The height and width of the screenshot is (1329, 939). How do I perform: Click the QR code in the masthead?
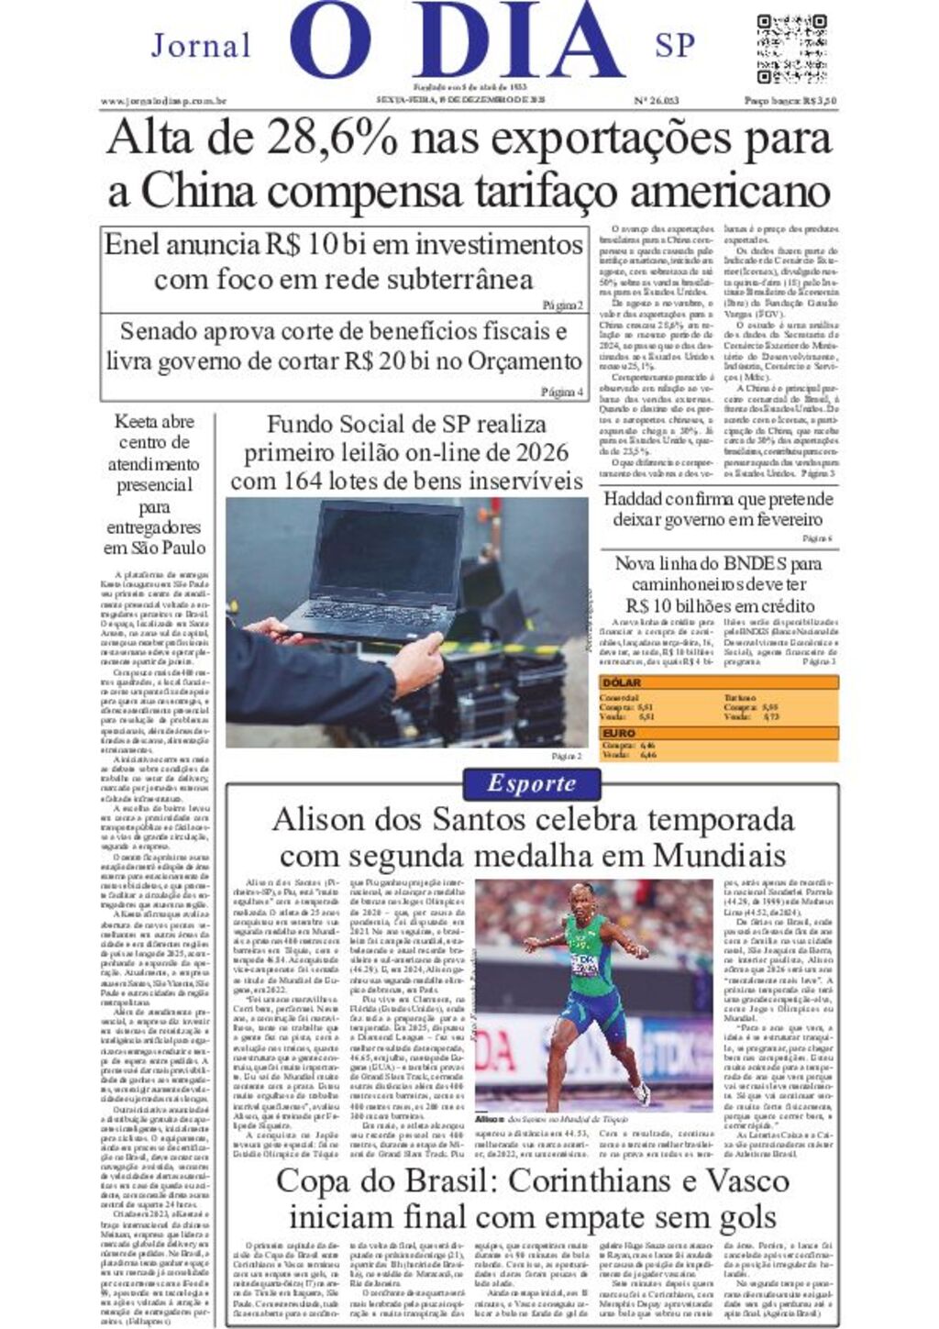pyautogui.click(x=791, y=49)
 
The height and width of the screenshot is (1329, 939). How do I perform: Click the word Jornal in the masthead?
pyautogui.click(x=201, y=46)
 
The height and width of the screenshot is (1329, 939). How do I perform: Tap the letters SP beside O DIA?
pyautogui.click(x=675, y=46)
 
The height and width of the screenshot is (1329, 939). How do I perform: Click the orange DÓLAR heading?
pyautogui.click(x=621, y=683)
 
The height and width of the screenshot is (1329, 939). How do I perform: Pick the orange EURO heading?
pyautogui.click(x=618, y=734)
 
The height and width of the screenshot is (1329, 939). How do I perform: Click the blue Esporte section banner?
pyautogui.click(x=531, y=783)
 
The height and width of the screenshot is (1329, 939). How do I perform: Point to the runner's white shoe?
pyautogui.click(x=641, y=1092)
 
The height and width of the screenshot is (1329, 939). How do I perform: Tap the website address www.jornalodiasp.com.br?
pyautogui.click(x=163, y=101)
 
